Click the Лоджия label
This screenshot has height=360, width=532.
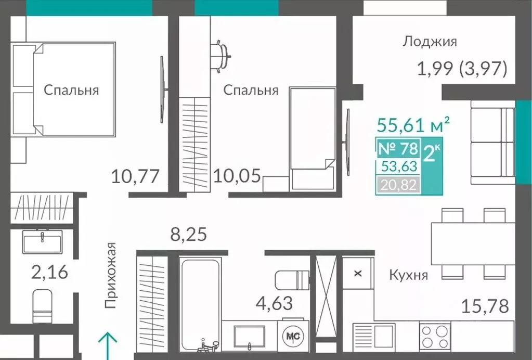(429, 42)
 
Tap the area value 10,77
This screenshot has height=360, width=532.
(134, 177)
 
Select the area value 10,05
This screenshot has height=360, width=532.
(237, 177)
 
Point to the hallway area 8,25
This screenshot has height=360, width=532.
(189, 234)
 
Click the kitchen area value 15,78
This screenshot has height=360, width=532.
(485, 306)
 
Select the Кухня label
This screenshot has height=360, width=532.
(408, 275)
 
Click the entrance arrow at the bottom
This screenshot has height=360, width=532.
(108, 345)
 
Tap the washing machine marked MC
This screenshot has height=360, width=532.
(293, 336)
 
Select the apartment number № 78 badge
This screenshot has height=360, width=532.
(397, 149)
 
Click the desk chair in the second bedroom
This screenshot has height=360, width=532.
(222, 53)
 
